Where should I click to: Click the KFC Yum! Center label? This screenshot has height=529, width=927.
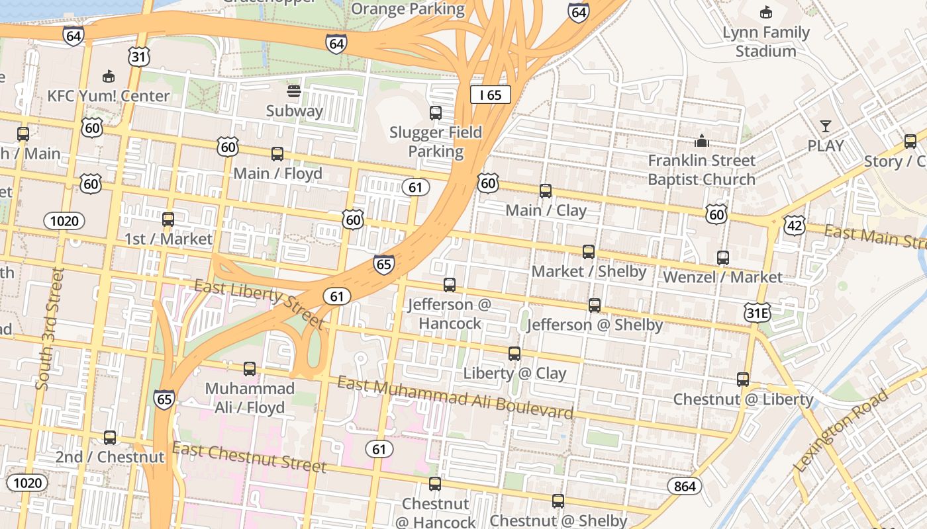point(109,96)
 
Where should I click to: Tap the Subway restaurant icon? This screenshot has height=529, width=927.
point(294,91)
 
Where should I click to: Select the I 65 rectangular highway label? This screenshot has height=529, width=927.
point(491,95)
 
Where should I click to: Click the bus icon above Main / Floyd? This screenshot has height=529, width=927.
point(277,154)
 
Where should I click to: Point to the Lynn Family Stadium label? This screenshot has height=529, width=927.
point(766,42)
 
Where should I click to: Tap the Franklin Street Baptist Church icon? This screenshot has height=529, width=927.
point(701,141)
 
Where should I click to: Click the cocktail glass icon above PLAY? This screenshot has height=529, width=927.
point(825,126)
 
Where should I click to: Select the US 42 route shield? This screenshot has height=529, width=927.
point(793,225)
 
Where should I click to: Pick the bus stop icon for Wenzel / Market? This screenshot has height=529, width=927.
point(723,258)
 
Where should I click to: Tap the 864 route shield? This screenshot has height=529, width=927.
point(685,487)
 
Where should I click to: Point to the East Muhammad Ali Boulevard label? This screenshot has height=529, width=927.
point(455,397)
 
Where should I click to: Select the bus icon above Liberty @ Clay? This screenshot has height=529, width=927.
point(514,354)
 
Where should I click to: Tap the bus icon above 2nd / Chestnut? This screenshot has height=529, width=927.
point(110,438)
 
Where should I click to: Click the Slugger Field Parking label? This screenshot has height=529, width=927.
point(436,142)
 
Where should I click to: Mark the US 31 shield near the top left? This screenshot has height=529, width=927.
point(138,56)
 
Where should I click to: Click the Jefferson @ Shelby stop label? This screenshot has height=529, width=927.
point(595,325)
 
